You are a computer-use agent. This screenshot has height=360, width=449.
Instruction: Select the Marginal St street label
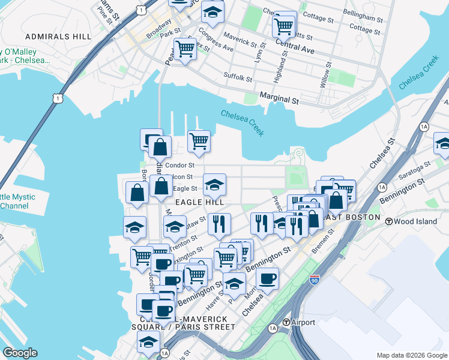pyautogui.click(x=279, y=99)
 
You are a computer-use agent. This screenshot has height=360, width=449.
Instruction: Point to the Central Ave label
pyautogui.click(x=295, y=46)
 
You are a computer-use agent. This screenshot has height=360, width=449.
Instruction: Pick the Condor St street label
pyautogui.click(x=179, y=165)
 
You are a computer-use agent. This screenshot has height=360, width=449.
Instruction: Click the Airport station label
pyautogui.click(x=303, y=322)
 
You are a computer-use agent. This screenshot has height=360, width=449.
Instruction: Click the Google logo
pyautogui.click(x=20, y=352)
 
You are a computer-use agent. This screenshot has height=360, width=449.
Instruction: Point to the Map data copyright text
pyautogui.click(x=412, y=355)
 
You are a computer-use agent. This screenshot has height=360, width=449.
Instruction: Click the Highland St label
pyautogui.click(x=280, y=68)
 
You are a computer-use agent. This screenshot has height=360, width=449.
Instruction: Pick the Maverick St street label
pyautogui.click(x=240, y=44)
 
